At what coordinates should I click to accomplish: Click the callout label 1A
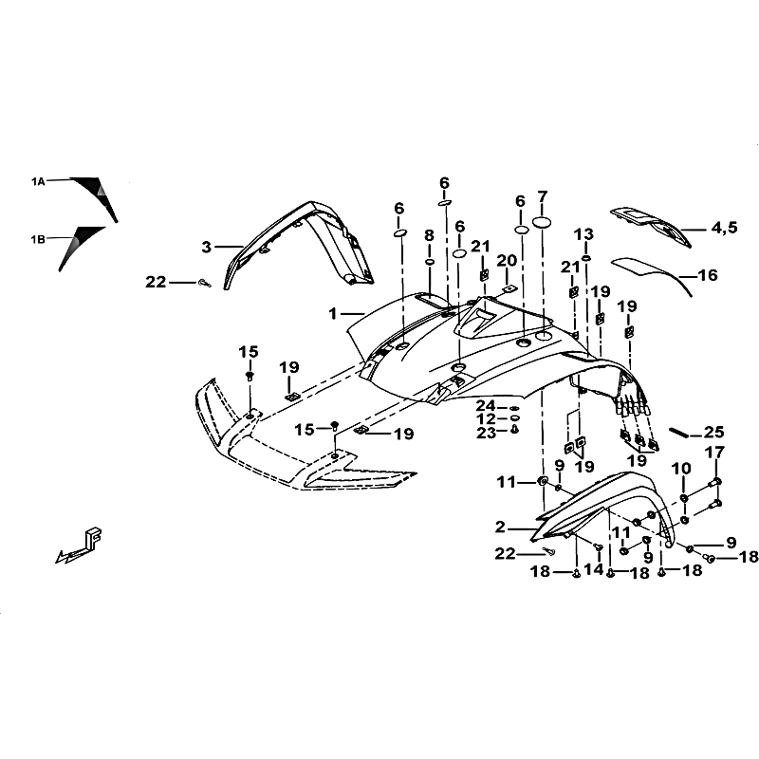[x=38, y=179]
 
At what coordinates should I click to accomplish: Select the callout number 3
[x=206, y=248]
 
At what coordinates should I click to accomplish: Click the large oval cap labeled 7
[x=543, y=222]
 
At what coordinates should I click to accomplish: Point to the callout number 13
[x=583, y=234]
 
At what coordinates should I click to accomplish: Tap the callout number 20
[x=507, y=260]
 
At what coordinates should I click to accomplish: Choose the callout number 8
[x=429, y=234]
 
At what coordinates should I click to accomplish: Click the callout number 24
[x=486, y=406]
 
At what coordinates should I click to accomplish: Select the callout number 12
[x=486, y=418]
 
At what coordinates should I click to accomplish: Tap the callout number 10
[x=681, y=468]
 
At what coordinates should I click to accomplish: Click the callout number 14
[x=594, y=569]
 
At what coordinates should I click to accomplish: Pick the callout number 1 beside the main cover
[x=333, y=312]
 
